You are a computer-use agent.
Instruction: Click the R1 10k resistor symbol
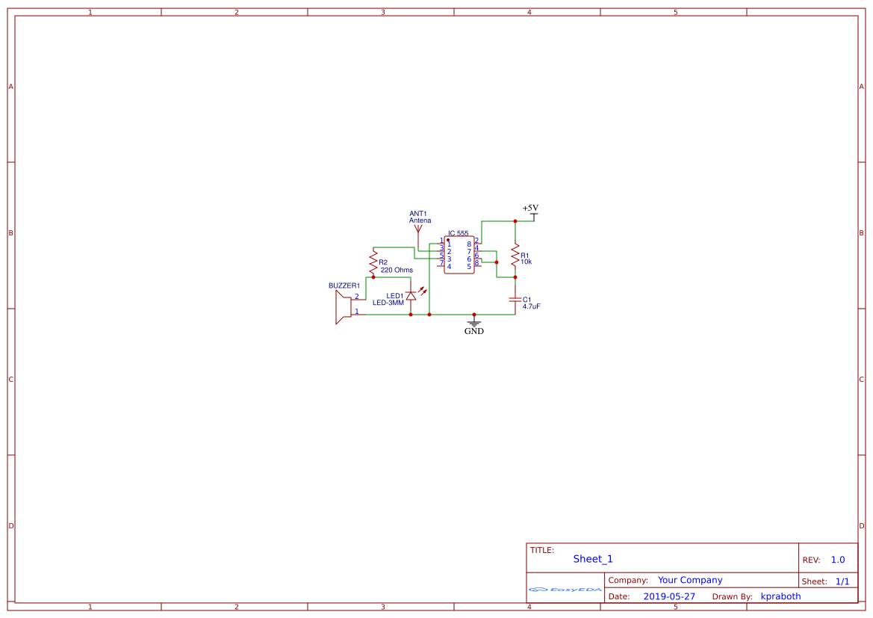coord(515,256)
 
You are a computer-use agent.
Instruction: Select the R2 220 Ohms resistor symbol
coord(373,262)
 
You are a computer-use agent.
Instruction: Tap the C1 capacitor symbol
coord(515,299)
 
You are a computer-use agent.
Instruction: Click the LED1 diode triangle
coord(411,296)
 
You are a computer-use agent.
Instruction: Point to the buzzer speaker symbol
coord(344,307)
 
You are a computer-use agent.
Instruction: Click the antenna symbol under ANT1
coord(417,229)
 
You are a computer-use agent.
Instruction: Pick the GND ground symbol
coord(474,323)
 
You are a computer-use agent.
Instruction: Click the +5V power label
coord(530,208)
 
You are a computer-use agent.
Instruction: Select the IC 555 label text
coord(459,234)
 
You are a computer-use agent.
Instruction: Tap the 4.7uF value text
coord(532,307)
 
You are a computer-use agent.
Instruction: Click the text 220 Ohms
coord(397,270)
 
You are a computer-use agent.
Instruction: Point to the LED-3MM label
coord(388,303)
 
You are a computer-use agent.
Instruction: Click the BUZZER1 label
coord(344,285)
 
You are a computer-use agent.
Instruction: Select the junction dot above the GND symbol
coord(474,315)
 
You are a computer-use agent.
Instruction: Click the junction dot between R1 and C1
coord(515,277)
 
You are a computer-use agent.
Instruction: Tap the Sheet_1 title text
coord(593,559)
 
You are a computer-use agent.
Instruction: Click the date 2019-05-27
coord(669,596)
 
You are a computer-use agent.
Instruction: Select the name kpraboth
coord(780,596)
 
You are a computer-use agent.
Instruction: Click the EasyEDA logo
coord(565,590)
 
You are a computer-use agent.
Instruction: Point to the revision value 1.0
coord(838,560)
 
